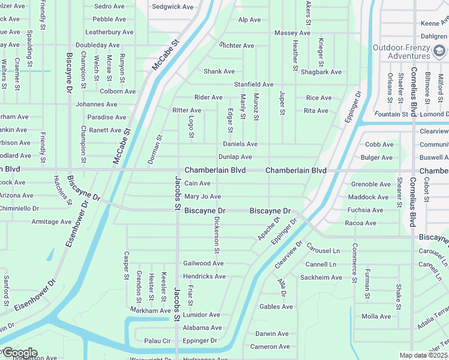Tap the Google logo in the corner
tap(19, 353)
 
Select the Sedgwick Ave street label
tap(173, 7)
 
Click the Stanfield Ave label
tap(253, 85)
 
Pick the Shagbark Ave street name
tap(321, 72)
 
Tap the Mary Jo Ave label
tap(203, 196)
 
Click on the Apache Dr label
tap(268, 229)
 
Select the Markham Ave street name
tap(151, 310)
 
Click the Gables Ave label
tap(276, 307)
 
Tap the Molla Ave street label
tap(376, 316)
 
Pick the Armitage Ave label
tap(52, 221)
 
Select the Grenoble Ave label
tap(370, 184)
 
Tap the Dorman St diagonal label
tap(155, 150)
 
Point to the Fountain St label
tap(391, 114)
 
